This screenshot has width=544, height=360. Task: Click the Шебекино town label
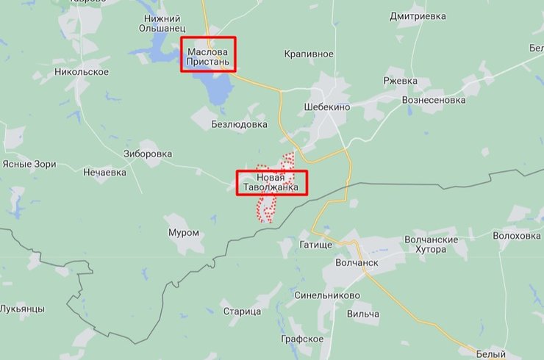point(326,107)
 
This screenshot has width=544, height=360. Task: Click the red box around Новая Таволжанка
point(271,182)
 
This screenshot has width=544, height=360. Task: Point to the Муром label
point(184,233)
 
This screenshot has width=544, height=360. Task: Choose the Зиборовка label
point(148,154)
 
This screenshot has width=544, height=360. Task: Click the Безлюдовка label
point(239,124)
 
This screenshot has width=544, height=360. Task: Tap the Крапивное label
point(309,54)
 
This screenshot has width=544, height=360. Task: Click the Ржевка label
point(400,81)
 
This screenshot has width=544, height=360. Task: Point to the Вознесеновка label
point(434,100)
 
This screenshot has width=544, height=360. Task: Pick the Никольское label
point(82,72)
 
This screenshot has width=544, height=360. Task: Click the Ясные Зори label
point(29,164)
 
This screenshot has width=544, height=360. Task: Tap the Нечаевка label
point(104,173)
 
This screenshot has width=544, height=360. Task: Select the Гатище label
point(317,244)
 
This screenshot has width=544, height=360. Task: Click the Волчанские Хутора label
point(432,245)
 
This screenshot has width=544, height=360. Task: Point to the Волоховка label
point(517,236)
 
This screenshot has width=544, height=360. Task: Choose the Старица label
point(242,312)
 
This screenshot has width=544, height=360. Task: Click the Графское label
point(302,339)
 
